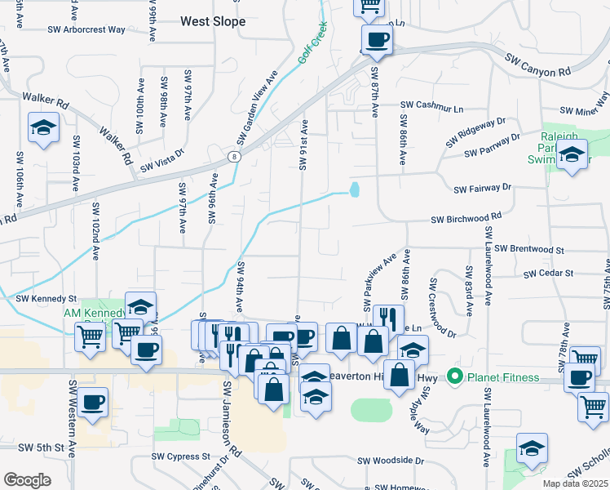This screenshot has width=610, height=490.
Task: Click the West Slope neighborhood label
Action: click(213, 22)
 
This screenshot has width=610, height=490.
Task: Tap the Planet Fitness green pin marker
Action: click(454, 377)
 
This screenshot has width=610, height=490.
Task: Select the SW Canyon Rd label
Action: click(538, 65)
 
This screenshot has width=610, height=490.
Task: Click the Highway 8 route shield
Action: click(234, 155)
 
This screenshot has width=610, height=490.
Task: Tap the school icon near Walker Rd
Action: click(42, 128)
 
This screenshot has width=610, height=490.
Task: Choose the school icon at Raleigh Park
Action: click(572, 154)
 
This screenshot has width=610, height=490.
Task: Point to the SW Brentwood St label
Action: click(529, 248)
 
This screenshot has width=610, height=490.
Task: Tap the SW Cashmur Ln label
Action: click(431, 106)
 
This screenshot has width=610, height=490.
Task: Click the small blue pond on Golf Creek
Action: click(354, 190)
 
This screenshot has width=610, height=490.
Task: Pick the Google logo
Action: click(27, 480)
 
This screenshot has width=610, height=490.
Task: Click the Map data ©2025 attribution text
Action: click(575, 483)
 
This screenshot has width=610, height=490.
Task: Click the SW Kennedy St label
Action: click(46, 300)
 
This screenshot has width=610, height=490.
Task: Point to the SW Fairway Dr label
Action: click(483, 188)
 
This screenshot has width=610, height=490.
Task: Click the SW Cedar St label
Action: click(552, 274)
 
